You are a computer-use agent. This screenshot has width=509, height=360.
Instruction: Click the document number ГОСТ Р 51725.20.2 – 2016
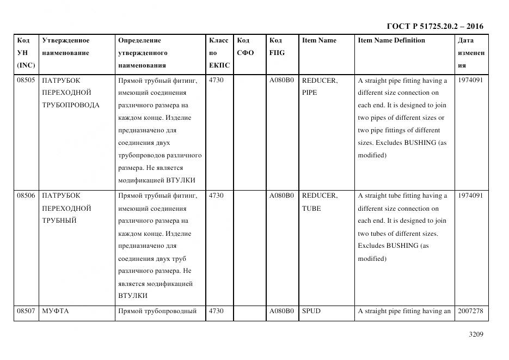pos(434,26)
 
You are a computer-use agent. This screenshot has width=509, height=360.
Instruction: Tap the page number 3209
pos(475,334)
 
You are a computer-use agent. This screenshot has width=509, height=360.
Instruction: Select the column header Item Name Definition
pos(391,40)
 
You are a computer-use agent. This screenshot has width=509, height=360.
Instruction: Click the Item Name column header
pos(319,40)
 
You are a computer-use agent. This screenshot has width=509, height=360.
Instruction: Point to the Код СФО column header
pos(245,46)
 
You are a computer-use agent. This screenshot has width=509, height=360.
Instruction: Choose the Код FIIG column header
pos(277,46)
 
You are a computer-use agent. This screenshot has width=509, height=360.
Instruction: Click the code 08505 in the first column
pos(26,81)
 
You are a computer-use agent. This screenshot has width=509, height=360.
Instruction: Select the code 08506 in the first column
pos(26,196)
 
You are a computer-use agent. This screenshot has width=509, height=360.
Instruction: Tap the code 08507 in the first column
pos(26,311)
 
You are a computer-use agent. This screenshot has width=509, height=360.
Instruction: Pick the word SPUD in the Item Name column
pos(311,311)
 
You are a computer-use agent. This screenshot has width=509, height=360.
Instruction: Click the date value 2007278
pos(470,311)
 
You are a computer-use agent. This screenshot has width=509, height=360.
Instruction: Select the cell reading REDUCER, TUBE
pos(320,202)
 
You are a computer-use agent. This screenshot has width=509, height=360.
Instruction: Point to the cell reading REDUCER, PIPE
pos(320,86)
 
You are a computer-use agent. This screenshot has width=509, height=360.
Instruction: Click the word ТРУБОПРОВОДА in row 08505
pos(71,105)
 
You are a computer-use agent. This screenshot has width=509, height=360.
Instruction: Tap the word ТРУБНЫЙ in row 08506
pos(59,221)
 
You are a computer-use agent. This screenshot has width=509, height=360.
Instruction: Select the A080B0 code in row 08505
pos(281,81)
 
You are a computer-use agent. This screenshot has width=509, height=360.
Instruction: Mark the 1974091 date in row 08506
pos(470,196)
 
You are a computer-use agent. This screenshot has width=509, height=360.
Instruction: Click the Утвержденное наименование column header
pos(65,46)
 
